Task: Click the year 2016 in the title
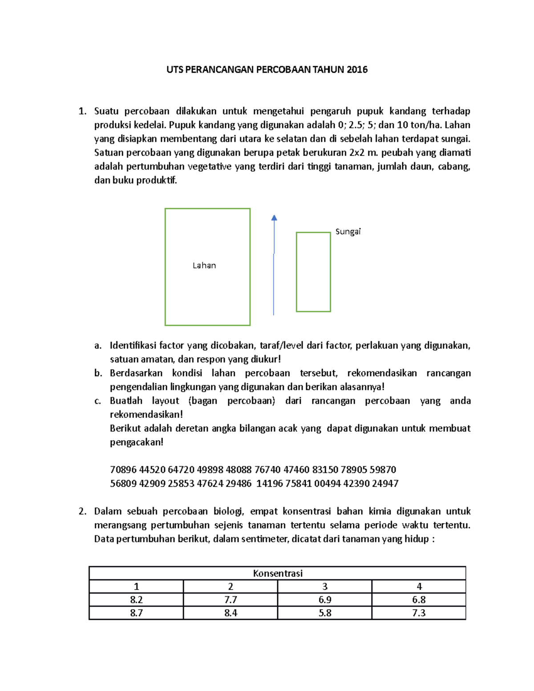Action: click(x=357, y=69)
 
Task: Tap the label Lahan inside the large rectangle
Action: click(x=204, y=266)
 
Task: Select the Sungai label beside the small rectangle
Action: click(x=348, y=231)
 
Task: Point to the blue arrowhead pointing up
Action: click(x=274, y=218)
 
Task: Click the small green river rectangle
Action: click(x=313, y=272)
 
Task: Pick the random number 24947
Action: click(x=385, y=483)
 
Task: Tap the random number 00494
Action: click(x=328, y=483)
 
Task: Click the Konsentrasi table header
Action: click(x=277, y=573)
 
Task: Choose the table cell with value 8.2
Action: click(x=136, y=599)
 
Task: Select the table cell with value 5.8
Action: click(x=325, y=613)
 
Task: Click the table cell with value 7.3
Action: click(x=419, y=613)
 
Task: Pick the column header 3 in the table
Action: click(x=325, y=586)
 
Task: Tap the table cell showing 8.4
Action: click(x=231, y=613)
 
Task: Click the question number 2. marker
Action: click(x=82, y=511)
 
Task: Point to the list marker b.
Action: click(x=98, y=373)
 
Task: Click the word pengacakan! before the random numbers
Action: click(x=137, y=442)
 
